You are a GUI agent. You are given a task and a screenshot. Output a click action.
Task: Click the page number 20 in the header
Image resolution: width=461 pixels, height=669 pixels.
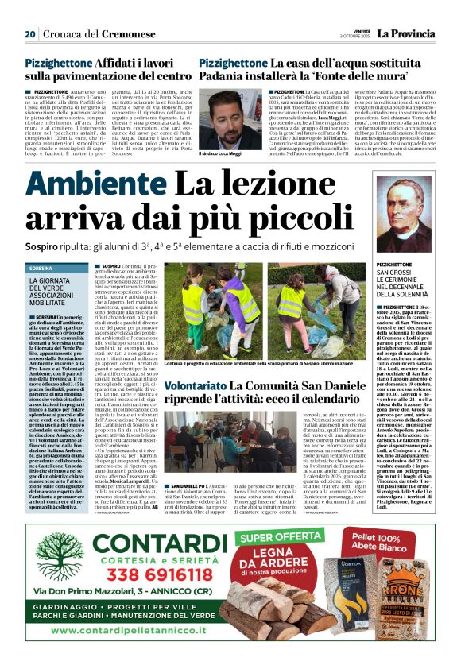click(x=30, y=34)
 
